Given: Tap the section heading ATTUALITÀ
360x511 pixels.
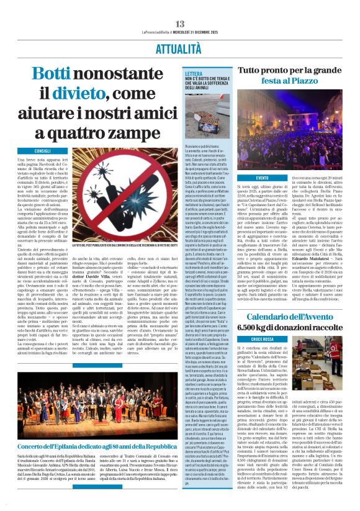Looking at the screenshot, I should pyautogui.click(x=179, y=47).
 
